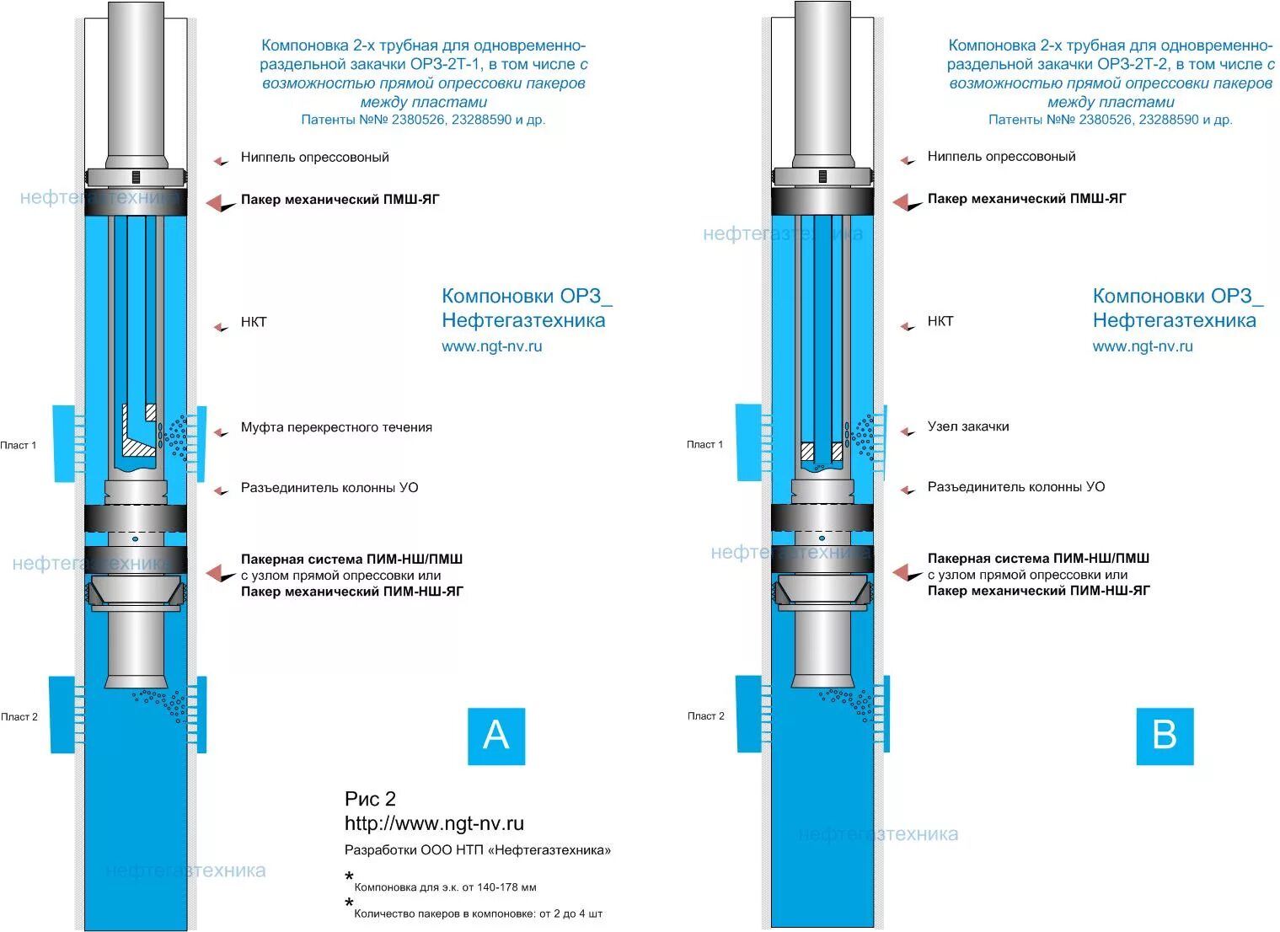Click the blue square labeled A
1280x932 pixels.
[496, 736]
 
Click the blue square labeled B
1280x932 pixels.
[1165, 736]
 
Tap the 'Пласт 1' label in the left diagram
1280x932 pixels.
[19, 445]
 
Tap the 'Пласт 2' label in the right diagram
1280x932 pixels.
[705, 715]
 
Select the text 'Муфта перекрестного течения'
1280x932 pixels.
[336, 427]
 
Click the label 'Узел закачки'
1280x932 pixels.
[968, 426]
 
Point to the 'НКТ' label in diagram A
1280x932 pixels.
[254, 322]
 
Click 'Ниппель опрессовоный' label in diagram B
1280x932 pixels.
[1001, 156]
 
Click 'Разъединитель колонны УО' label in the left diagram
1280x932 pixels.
[329, 487]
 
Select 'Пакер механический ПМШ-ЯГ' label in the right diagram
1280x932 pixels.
[1026, 199]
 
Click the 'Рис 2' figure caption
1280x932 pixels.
[370, 799]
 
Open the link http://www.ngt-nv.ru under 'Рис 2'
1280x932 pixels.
[434, 823]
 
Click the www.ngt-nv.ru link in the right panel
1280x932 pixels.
[1143, 345]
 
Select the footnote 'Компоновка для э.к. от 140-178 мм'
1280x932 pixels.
[445, 887]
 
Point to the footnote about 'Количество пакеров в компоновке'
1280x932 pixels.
[478, 913]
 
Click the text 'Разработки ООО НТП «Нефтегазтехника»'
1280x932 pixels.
[478, 850]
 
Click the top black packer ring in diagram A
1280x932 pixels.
[135, 203]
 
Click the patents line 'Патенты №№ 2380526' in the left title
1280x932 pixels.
[423, 120]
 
